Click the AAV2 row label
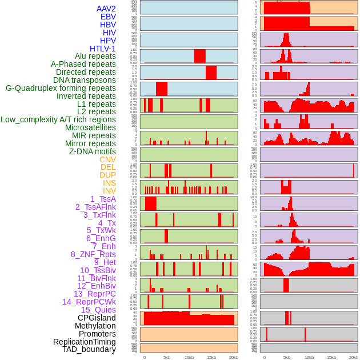[x=106, y=9]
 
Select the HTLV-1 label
[x=103, y=49]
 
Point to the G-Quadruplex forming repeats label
[x=61, y=88]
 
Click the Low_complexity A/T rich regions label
[x=58, y=119]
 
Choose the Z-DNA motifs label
[x=93, y=151]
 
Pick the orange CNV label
[x=107, y=159]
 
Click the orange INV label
[x=109, y=191]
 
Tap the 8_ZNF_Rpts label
[x=93, y=254]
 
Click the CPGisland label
[x=97, y=318]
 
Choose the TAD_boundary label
[x=89, y=349]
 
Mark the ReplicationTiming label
[x=84, y=342]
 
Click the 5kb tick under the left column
[x=167, y=357]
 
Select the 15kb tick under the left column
[x=211, y=357]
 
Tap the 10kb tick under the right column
[x=309, y=357]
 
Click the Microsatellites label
[x=90, y=127]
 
